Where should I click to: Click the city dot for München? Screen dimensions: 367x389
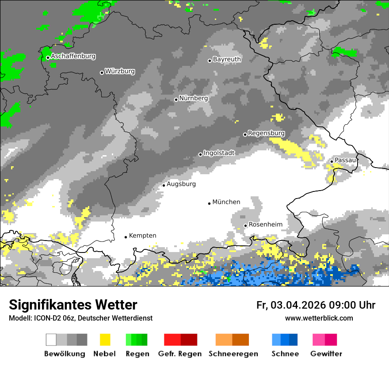[210, 203]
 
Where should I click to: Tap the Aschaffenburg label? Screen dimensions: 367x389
[73, 57]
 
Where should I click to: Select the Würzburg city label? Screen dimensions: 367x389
[120, 71]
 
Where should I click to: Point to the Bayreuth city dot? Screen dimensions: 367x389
[210, 61]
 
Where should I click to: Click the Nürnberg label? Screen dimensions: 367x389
[193, 98]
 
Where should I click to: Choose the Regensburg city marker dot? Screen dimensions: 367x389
[245, 134]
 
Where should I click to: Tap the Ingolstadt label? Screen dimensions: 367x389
[219, 153]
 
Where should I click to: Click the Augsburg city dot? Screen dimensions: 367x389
[164, 185]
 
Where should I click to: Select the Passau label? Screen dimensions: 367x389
[345, 160]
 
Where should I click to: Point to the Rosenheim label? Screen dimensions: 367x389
[265, 225]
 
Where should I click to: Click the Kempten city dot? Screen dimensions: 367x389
[126, 237]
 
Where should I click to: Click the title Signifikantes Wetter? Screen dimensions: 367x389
[73, 305]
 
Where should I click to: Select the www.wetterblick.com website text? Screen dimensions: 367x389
[319, 318]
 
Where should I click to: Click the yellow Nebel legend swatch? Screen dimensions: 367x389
[105, 340]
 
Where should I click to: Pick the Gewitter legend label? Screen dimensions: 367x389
[326, 354]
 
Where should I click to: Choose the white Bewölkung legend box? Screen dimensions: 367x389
[51, 340]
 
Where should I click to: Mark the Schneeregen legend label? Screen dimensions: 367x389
[233, 354]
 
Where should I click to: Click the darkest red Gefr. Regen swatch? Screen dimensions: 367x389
[189, 340]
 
